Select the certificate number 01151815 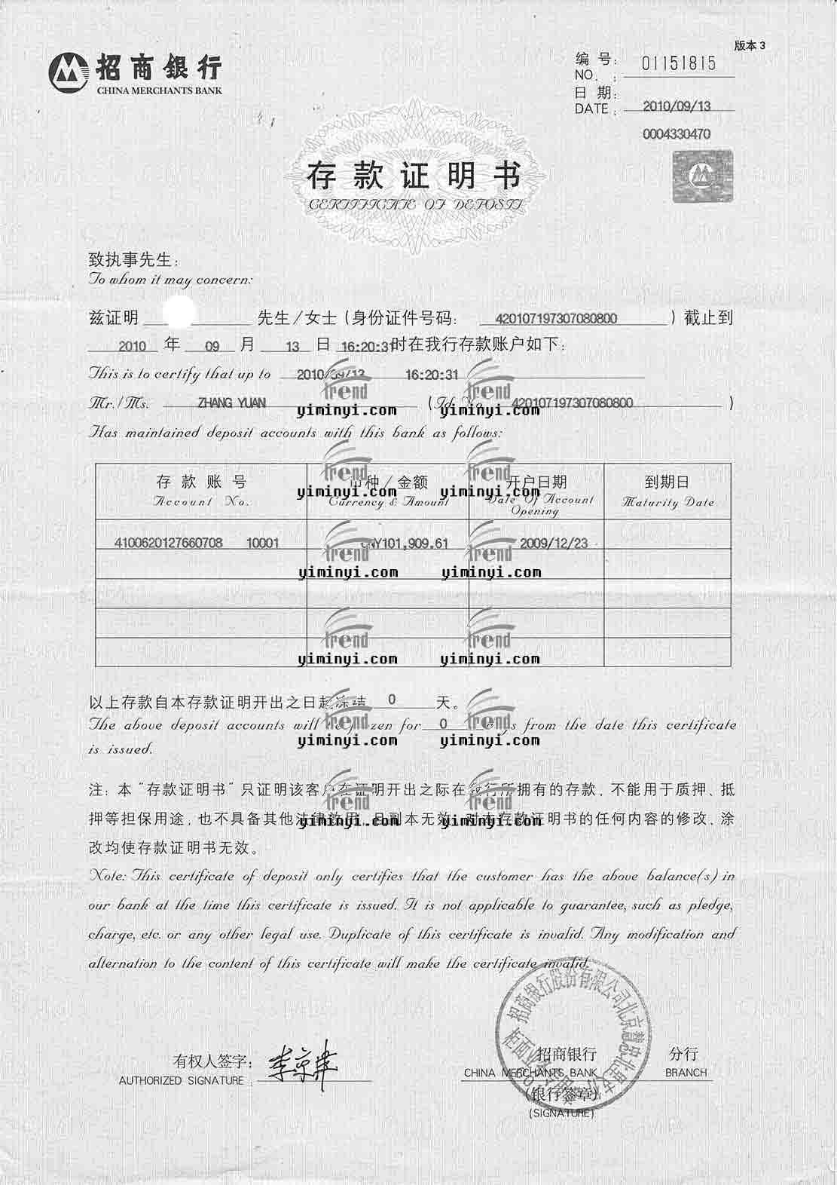point(678,63)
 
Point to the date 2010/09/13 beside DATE point(677,106)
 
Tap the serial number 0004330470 point(677,134)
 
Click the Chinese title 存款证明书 point(414,176)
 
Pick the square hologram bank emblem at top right point(702,175)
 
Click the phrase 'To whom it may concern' point(171,280)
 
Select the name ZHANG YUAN point(231,403)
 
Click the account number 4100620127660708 point(168,542)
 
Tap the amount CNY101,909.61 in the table point(405,543)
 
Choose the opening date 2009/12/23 point(554,543)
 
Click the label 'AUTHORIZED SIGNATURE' point(182,1080)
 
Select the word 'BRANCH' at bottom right point(686,1072)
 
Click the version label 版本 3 point(750,45)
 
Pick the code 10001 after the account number point(262,543)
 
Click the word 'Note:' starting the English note point(109,876)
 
